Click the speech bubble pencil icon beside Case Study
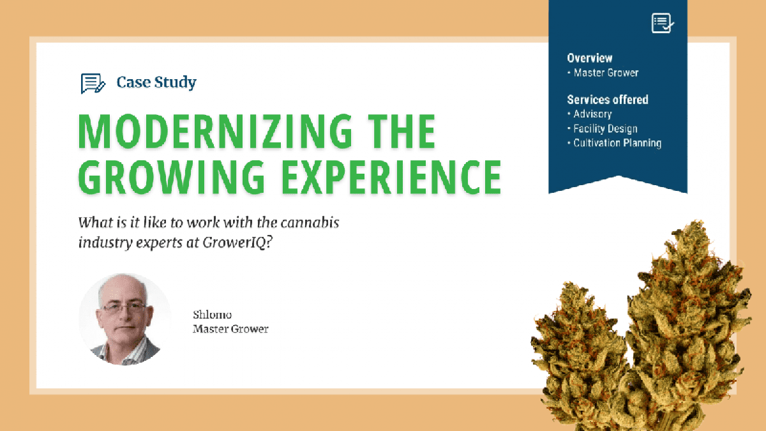click(93, 83)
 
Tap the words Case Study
click(156, 82)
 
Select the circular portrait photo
click(125, 319)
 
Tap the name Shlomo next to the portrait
click(212, 315)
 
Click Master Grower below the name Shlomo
click(230, 329)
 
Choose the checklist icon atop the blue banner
click(663, 23)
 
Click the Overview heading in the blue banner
click(589, 58)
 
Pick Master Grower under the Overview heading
click(605, 73)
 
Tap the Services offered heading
click(607, 100)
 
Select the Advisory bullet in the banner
click(592, 114)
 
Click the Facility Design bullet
click(605, 128)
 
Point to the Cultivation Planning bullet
click(616, 143)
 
